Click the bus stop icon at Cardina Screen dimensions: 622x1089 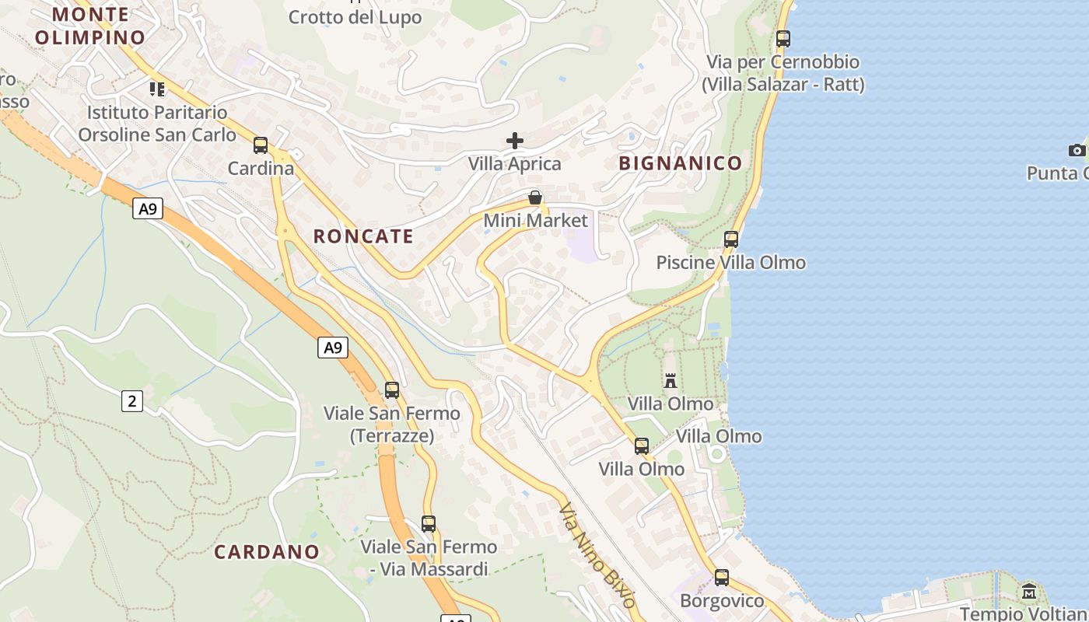pos(261,145)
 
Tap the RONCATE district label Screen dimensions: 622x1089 pos(363,236)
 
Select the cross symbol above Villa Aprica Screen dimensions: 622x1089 pos(515,141)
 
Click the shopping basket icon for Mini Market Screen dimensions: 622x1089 pos(535,197)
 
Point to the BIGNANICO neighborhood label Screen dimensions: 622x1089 pos(681,163)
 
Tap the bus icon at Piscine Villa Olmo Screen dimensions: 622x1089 pos(731,239)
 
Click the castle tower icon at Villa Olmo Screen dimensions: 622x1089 pos(671,380)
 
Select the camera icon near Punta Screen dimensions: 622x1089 pos(1077,150)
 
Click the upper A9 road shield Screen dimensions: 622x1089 pos(147,208)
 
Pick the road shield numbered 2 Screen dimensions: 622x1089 pos(132,401)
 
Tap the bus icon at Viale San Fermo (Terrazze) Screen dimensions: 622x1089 pos(392,390)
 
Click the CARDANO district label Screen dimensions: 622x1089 pos(267,552)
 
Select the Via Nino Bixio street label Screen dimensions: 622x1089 pos(597,554)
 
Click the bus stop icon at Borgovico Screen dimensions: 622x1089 pos(722,578)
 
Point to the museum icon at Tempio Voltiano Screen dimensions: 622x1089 pos(1029,592)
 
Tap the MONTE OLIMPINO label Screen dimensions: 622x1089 pos(91,26)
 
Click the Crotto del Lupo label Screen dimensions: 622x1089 pos(355,17)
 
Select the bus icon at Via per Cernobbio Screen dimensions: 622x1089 pos(783,39)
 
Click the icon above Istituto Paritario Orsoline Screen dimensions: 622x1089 pos(157,89)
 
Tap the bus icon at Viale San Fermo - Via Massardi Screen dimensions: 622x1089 pos(429,524)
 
